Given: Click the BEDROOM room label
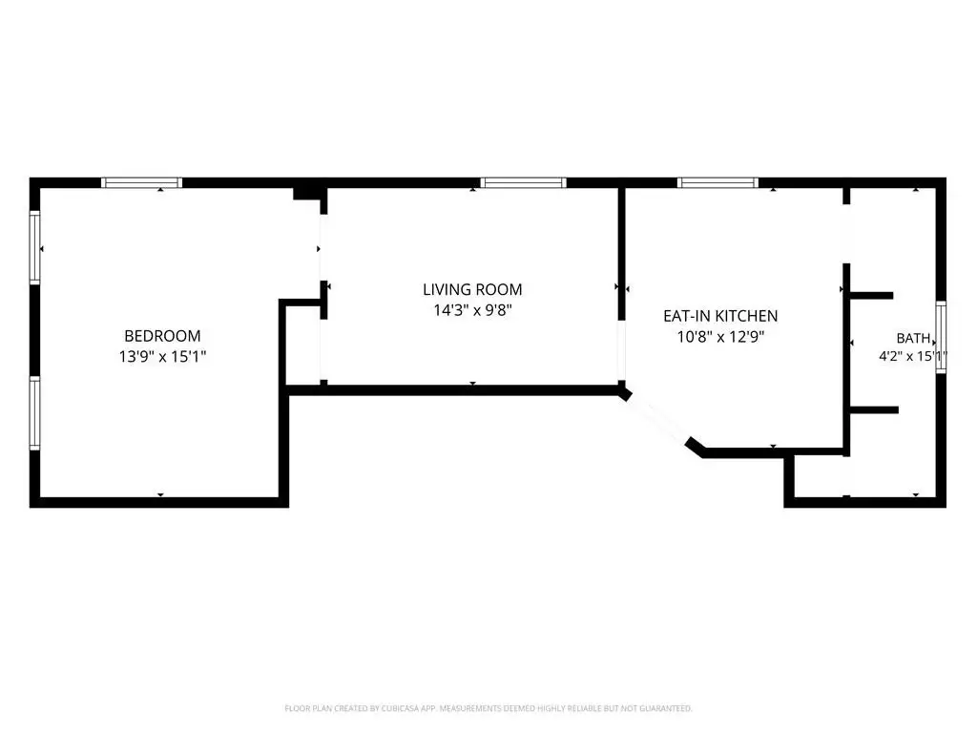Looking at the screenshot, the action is (x=162, y=336).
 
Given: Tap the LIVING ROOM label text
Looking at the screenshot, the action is (x=472, y=289).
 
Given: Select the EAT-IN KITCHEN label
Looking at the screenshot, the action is (x=720, y=316).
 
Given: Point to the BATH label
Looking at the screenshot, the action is (x=913, y=339).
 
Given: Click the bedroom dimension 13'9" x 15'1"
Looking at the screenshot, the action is (x=162, y=357).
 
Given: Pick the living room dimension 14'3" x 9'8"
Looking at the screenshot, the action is (x=472, y=310).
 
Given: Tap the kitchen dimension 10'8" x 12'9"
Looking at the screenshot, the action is (x=720, y=337).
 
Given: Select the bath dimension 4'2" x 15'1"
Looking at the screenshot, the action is (x=913, y=357).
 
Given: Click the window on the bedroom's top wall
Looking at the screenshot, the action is (x=142, y=182).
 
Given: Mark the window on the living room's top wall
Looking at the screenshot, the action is (x=524, y=182).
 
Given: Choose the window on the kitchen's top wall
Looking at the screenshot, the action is (x=717, y=182).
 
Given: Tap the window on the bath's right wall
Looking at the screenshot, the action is (x=941, y=337).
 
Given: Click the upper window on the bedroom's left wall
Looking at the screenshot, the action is (x=35, y=248).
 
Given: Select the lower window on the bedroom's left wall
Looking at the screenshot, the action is (x=35, y=412).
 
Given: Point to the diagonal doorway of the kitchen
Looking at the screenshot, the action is (x=657, y=421).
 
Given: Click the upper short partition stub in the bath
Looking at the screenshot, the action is (x=872, y=296).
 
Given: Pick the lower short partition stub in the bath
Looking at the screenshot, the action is (x=874, y=410).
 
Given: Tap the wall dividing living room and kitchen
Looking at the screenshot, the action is (x=621, y=254).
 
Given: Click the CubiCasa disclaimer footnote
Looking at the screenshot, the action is (x=488, y=709).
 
